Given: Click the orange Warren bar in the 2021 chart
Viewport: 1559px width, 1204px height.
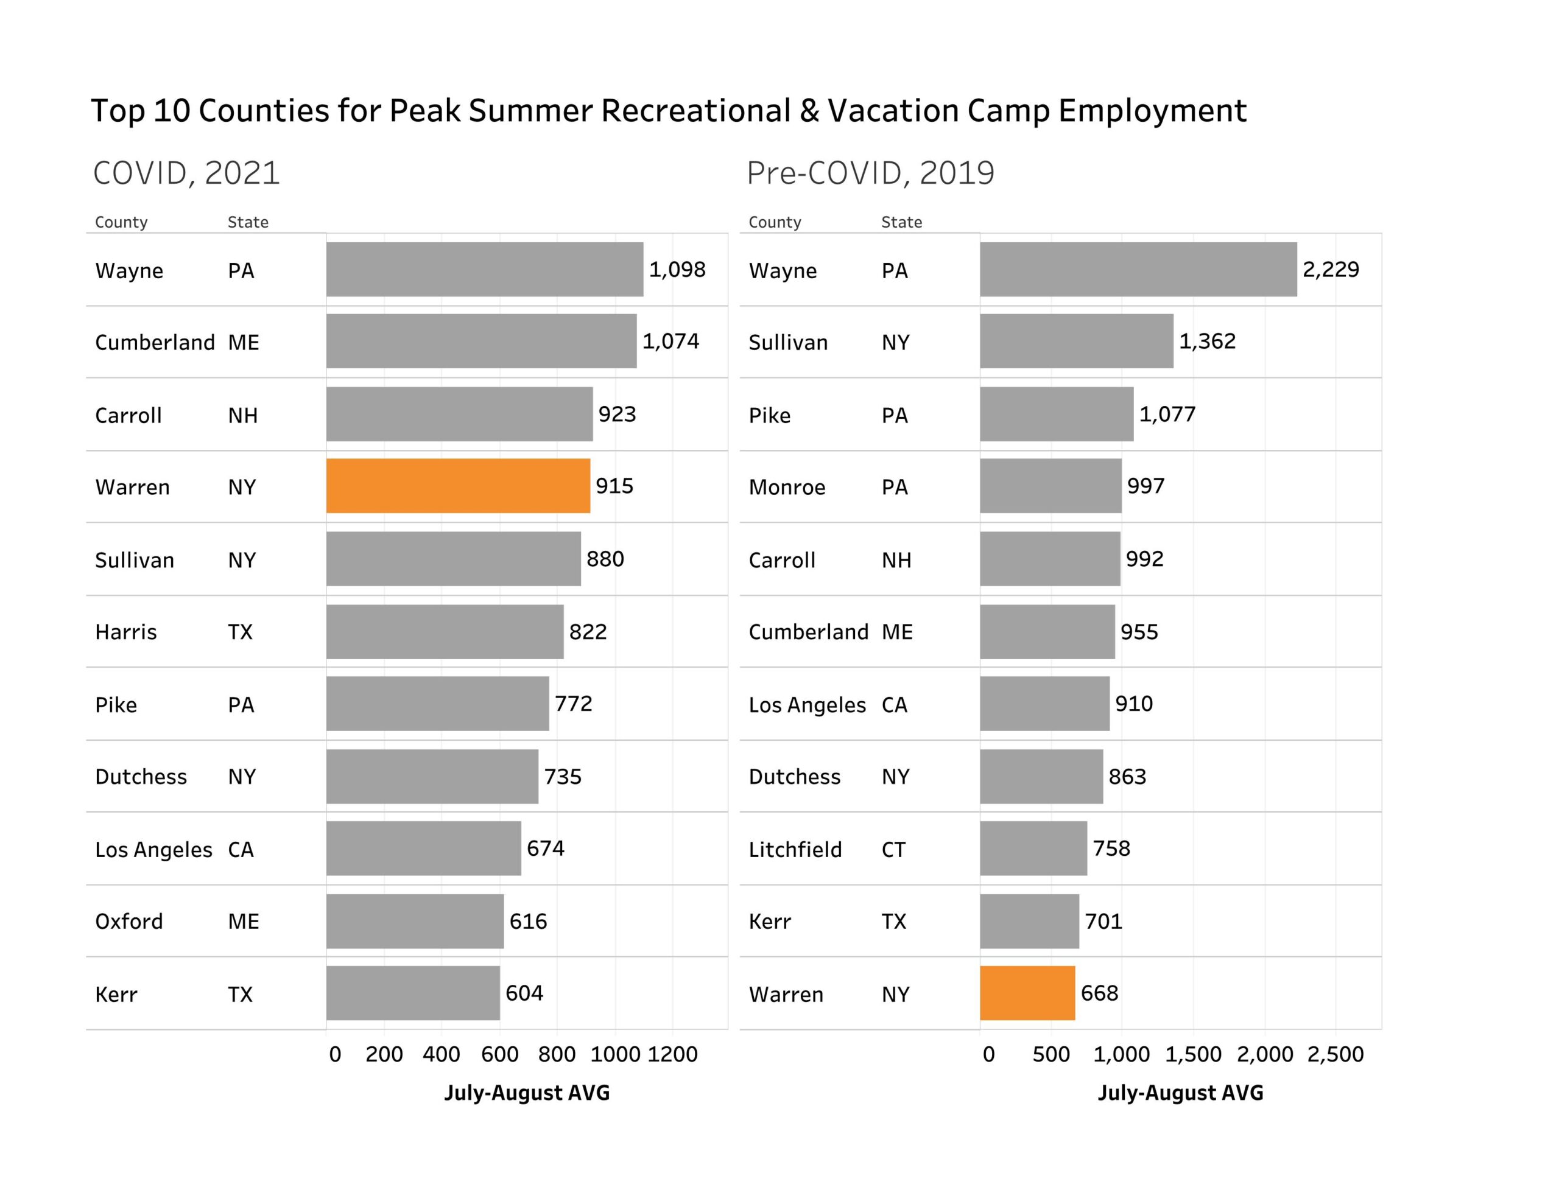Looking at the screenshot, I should (457, 486).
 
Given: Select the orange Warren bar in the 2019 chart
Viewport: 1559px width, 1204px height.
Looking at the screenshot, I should (1027, 993).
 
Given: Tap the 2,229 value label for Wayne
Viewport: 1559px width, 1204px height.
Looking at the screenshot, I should (1331, 270).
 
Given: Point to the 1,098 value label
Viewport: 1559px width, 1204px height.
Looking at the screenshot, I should (677, 270).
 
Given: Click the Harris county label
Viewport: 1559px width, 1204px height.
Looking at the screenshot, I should (125, 632).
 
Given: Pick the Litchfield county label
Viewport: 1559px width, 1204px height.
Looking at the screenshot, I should (795, 849).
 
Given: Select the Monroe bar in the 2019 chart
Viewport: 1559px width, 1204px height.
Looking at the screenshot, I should (1050, 486).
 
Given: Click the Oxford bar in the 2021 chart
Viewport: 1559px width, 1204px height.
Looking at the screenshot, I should (415, 922).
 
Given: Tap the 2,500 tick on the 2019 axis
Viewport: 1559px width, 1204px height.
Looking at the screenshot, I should (1335, 1054).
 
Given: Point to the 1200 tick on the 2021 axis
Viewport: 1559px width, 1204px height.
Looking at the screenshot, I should (672, 1054).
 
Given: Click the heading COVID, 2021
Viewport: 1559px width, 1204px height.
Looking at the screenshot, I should (186, 173).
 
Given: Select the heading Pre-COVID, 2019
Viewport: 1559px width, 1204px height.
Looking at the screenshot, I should (870, 173).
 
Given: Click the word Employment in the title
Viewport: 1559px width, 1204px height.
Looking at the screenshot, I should (1152, 111).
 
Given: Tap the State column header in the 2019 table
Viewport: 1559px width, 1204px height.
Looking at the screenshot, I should (901, 222).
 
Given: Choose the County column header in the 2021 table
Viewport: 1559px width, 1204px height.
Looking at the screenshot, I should (121, 222).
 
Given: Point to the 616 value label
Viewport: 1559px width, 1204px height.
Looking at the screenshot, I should (528, 922).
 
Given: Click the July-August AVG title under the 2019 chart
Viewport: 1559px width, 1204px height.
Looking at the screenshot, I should (1180, 1093).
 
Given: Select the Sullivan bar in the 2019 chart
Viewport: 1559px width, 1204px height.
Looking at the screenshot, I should (1075, 341).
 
